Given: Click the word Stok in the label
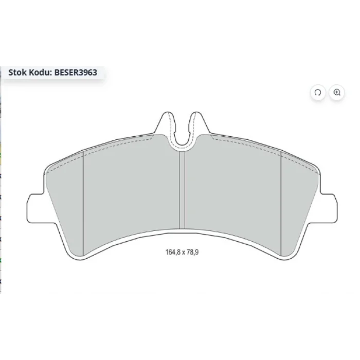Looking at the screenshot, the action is [x=17, y=73].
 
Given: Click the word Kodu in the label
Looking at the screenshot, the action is [x=40, y=73].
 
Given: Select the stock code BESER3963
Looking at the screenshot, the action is [x=76, y=73].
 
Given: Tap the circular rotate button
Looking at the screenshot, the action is [x=318, y=93].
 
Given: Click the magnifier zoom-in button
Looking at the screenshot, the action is [x=337, y=93].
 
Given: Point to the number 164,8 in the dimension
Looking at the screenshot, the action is [x=173, y=252].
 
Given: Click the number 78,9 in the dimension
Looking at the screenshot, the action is [x=193, y=252].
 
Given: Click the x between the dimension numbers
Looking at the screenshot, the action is [x=184, y=253].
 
